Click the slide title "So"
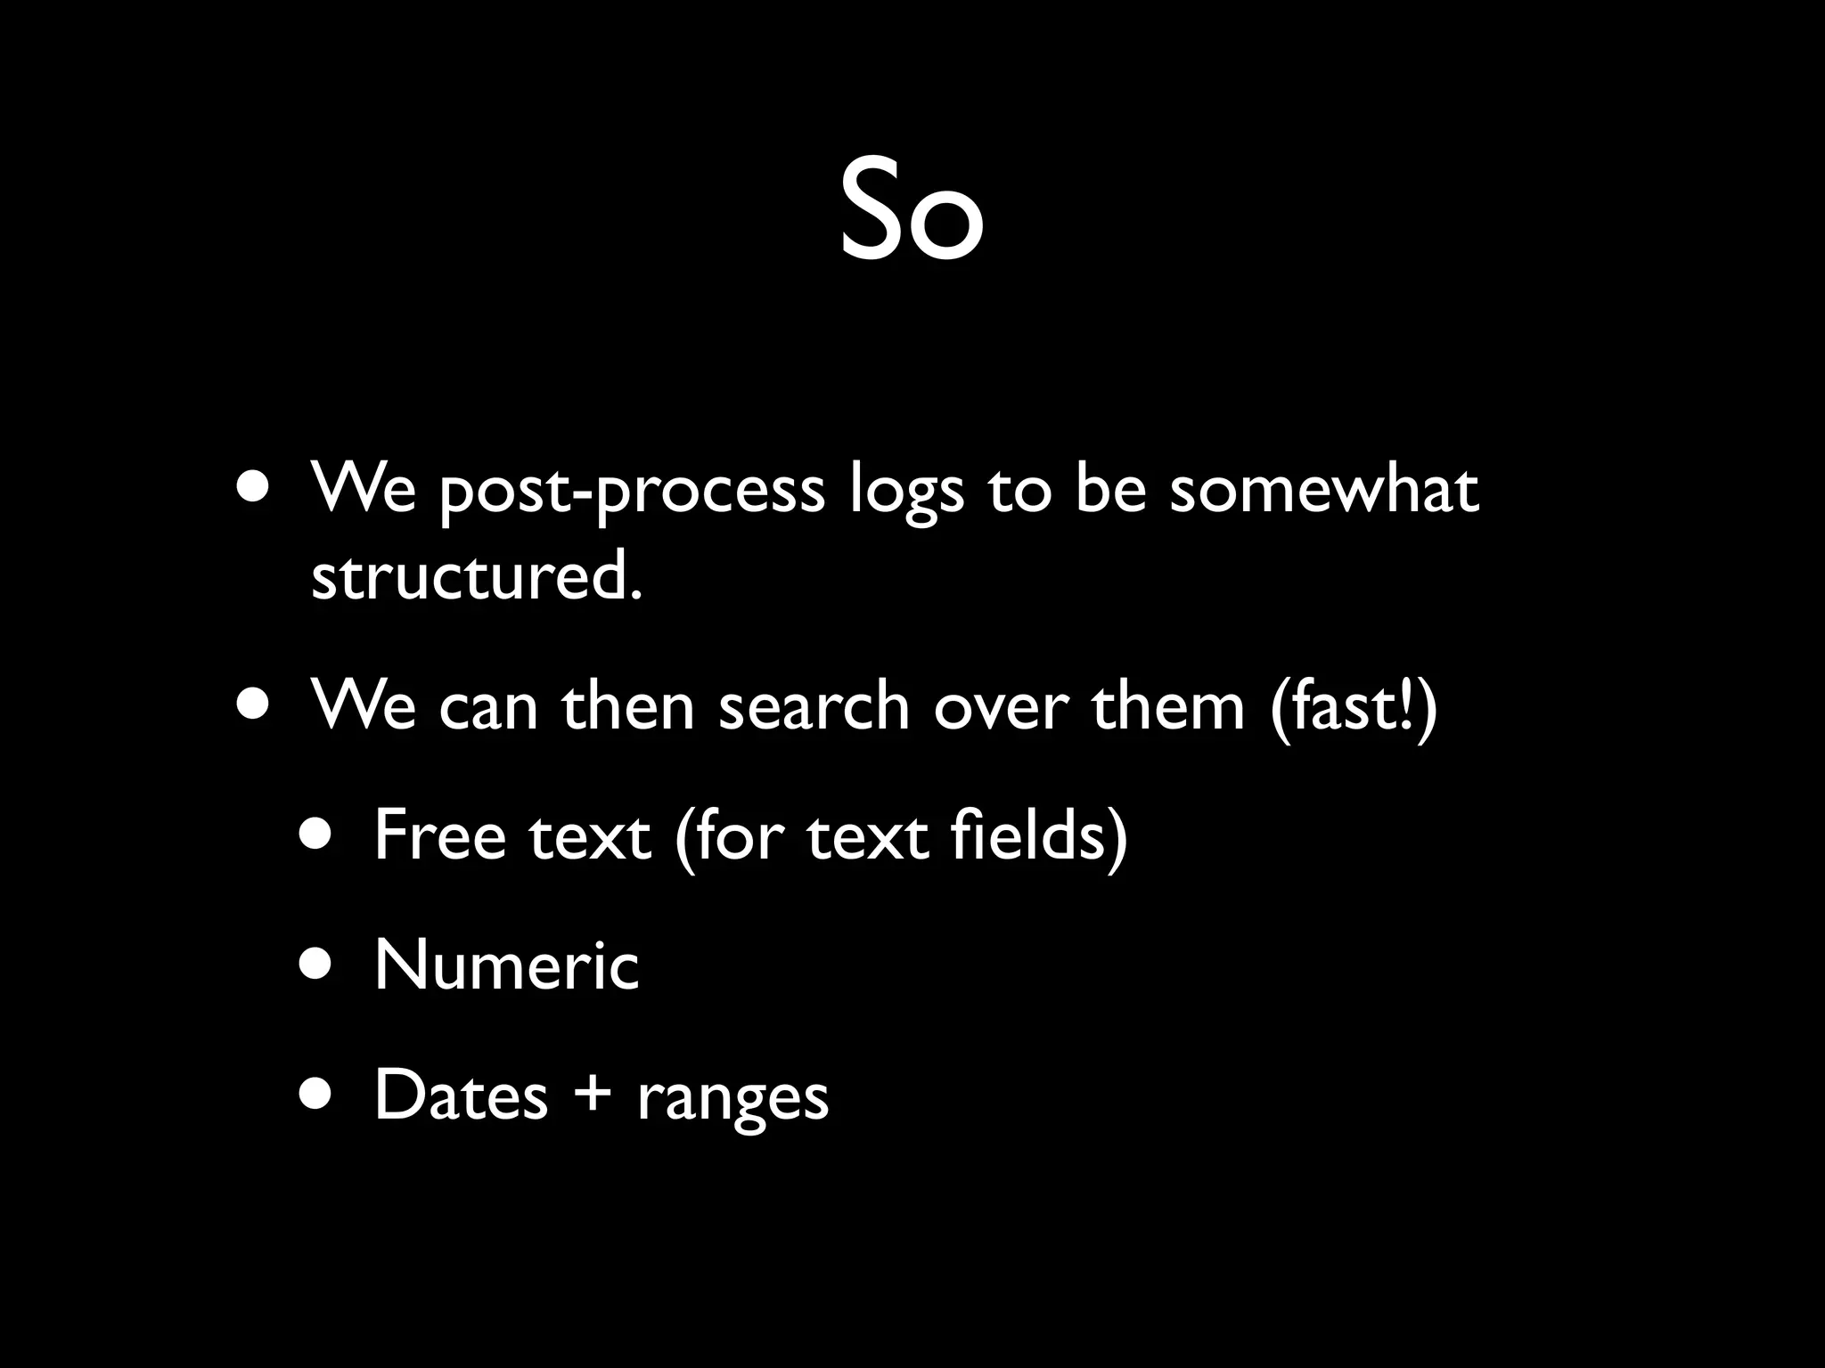911,212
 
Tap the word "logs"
906,493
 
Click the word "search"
814,706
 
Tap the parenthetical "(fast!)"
1354,706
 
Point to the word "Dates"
461,1095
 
